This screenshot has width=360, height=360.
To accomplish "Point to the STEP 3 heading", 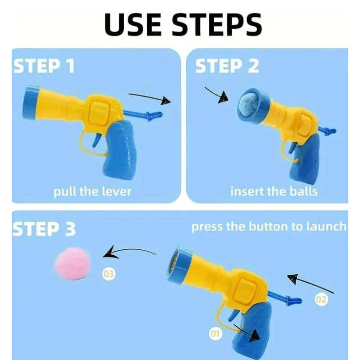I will pos(44,229).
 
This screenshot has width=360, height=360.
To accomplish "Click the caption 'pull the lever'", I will pos(92,191).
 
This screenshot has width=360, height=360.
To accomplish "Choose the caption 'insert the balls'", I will pos(274,191).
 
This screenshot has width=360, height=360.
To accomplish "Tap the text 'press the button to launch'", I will pos(269,226).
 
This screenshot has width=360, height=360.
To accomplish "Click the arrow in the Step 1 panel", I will pos(150,98).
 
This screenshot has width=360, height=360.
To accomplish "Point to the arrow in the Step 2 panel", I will pos(217,95).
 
